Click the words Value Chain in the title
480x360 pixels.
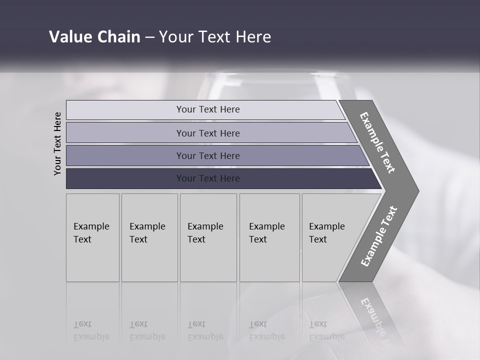click(x=94, y=37)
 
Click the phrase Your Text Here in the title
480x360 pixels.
click(x=215, y=37)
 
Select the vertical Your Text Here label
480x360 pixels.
click(x=58, y=144)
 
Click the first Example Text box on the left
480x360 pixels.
click(x=92, y=237)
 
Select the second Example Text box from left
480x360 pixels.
click(x=149, y=237)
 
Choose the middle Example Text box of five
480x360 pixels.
click(x=208, y=237)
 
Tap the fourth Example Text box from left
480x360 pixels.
click(x=269, y=237)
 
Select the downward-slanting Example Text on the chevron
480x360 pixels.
click(x=377, y=142)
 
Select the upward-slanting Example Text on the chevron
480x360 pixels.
click(x=378, y=236)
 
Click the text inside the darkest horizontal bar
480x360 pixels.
click(x=208, y=178)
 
